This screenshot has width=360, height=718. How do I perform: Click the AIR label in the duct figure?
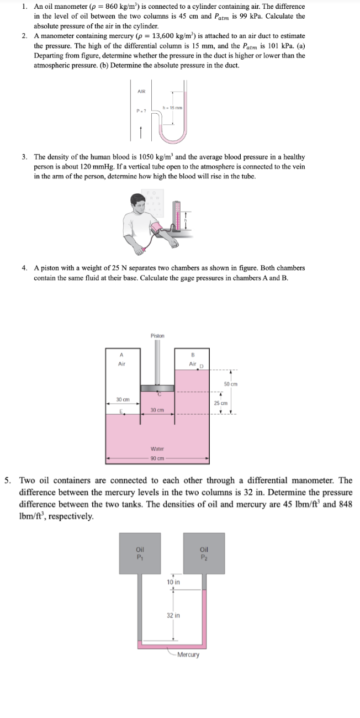coord(141,92)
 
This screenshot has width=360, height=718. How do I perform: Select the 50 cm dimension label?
coord(230,384)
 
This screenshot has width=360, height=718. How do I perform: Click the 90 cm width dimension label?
coord(157,458)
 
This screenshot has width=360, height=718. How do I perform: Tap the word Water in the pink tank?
coord(157,449)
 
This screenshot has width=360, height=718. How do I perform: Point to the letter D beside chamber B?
coord(202,366)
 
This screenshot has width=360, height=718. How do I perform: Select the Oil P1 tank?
coord(139,552)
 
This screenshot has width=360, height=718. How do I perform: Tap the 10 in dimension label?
coord(173,582)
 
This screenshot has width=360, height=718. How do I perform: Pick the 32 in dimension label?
coord(173,615)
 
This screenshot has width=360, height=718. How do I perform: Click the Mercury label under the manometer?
coord(188,654)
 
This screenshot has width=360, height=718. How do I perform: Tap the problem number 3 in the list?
coord(25,157)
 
